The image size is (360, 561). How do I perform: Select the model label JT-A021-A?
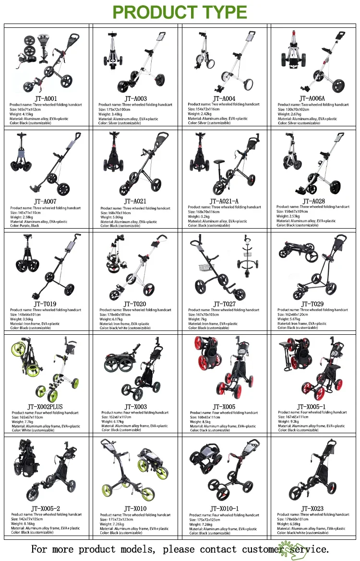pos(224,201)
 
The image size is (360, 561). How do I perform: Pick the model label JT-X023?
pos(312,509)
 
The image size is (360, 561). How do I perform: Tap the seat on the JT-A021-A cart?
pos(222,160)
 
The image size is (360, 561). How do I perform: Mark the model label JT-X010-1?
pos(224,509)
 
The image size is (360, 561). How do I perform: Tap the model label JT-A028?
pos(313,201)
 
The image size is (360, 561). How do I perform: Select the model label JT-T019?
pos(45,304)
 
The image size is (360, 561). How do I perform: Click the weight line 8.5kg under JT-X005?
pos(201,422)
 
